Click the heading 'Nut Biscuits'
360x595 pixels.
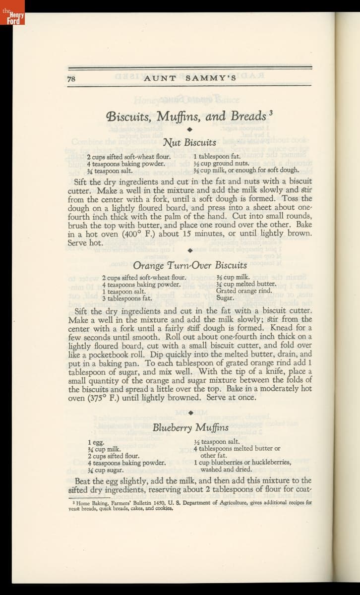tap(189, 143)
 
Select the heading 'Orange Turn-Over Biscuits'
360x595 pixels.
tap(190, 265)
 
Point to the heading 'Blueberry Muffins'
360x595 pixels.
tap(190, 427)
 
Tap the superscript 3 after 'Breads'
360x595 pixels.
tap(271, 113)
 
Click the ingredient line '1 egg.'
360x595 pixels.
tap(96, 442)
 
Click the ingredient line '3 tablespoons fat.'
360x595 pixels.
tap(127, 298)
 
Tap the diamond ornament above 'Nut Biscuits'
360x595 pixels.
tap(189, 130)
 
